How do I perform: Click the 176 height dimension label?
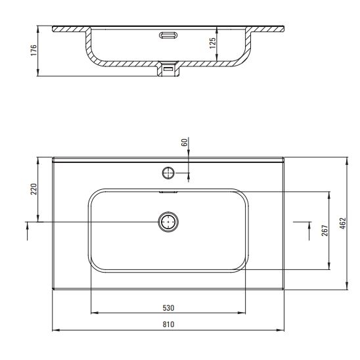coord(34,51)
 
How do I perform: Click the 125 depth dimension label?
coord(213,43)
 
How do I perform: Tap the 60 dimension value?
coord(185,143)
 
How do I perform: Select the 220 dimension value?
coord(34,189)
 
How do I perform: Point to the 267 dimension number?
coord(325,231)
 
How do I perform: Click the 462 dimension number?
coord(342,223)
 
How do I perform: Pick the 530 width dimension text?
coord(169,308)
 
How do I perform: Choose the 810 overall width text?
coord(169,325)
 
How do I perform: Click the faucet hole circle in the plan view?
coord(168,173)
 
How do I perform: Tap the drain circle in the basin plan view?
coord(168,222)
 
